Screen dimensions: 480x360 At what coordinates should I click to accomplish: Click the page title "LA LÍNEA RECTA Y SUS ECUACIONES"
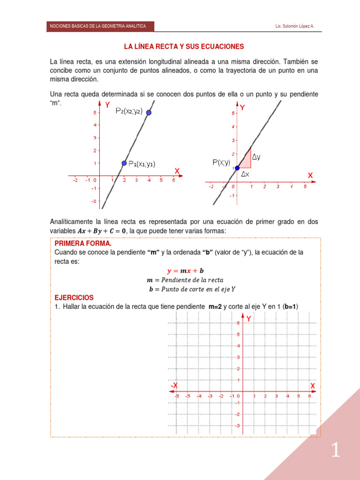pos(184,46)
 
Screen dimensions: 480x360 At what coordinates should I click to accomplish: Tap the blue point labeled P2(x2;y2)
pos(149,112)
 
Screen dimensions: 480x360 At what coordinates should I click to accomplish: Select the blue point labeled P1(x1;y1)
pos(124,163)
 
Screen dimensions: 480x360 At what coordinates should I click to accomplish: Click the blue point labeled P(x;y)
pos(237,168)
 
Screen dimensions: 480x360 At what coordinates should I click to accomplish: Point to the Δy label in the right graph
pos(256,157)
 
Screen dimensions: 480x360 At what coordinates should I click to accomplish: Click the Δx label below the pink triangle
pos(245,174)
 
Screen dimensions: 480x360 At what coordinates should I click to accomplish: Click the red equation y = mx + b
pos(185,271)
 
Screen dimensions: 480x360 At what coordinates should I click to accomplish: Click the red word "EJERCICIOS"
pos(74,298)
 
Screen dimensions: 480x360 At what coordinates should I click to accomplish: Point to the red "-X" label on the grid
pos(174,385)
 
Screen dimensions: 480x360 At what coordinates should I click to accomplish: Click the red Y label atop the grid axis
pos(248,318)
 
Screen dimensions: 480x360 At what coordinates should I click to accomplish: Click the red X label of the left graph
pos(177,171)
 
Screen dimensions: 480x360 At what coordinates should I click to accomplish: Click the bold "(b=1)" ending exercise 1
pos(291,307)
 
